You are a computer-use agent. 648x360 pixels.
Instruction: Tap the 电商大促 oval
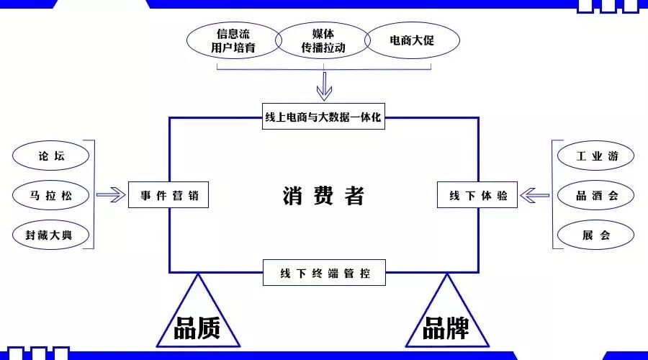(412, 41)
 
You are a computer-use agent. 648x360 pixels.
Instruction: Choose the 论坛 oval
(51, 156)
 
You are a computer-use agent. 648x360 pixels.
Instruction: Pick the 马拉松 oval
(51, 195)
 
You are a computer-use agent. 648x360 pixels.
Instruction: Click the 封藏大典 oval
(51, 235)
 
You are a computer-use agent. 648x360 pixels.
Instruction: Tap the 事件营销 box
(168, 195)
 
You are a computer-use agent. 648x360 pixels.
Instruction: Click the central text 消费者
(323, 196)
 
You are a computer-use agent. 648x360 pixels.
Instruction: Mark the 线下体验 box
(477, 195)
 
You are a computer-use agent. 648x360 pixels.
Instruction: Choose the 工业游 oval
(595, 156)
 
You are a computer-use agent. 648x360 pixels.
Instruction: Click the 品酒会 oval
(595, 195)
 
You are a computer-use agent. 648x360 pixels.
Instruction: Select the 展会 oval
(595, 235)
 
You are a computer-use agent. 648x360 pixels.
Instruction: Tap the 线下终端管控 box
(324, 274)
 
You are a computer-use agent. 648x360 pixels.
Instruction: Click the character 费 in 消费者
(323, 196)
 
